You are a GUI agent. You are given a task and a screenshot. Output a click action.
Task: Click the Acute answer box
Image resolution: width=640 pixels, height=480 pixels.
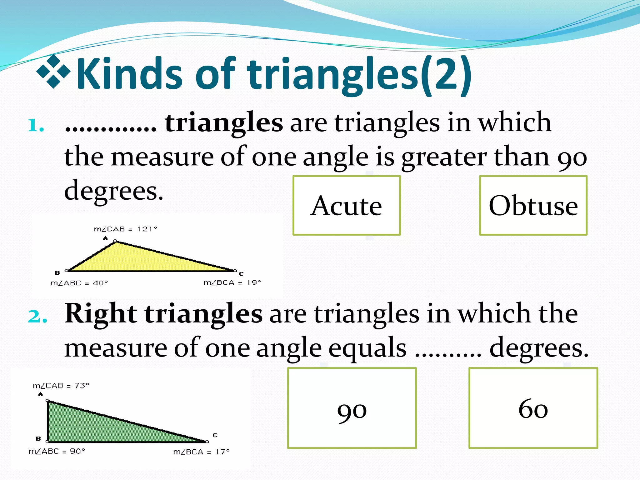(347, 205)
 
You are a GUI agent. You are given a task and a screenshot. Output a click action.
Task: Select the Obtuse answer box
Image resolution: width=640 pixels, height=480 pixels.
(533, 205)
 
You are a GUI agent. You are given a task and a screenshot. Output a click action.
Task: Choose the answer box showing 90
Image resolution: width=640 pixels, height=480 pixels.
(352, 408)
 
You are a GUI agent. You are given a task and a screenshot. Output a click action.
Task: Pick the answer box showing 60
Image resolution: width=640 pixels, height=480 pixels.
(533, 408)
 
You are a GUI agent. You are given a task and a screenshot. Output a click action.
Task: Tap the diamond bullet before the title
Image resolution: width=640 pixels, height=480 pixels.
(53, 71)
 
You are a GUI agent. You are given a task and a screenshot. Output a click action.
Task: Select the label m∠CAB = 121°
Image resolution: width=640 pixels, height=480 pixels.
(126, 229)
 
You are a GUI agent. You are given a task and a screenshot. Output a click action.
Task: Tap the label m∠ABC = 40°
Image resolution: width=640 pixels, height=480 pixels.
(79, 283)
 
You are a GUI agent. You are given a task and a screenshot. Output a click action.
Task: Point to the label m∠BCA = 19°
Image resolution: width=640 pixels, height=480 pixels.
(232, 283)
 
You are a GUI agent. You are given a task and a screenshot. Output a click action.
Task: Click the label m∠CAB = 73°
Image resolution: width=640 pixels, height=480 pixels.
(61, 386)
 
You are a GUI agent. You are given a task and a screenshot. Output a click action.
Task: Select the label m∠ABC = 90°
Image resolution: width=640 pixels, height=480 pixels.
(57, 451)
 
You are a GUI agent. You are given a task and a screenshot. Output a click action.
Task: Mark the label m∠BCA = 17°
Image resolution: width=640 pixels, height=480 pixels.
(202, 452)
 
